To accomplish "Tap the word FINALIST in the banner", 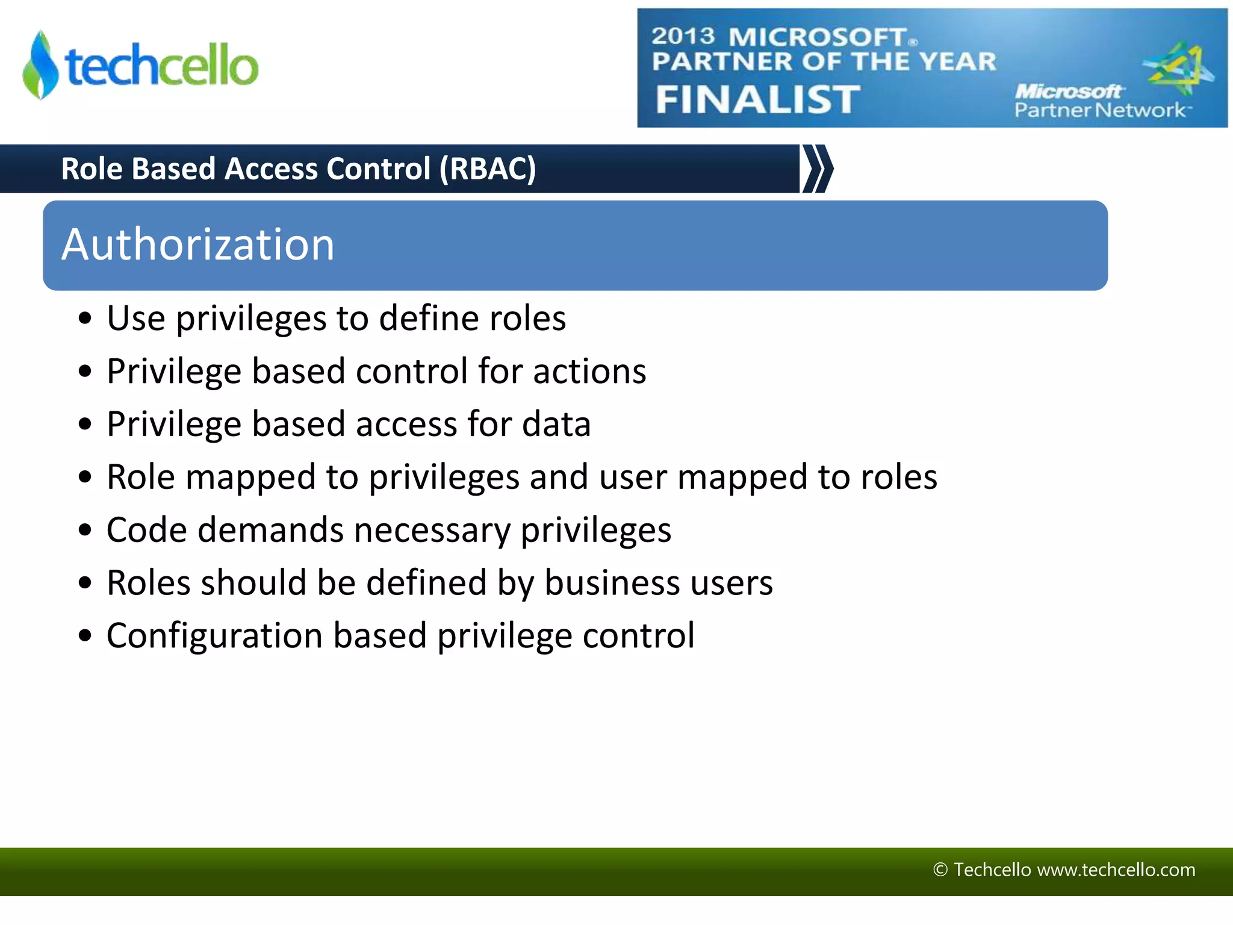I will click(x=757, y=99).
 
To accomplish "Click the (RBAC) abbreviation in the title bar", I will click(x=488, y=169).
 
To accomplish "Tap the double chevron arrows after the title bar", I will click(x=818, y=169).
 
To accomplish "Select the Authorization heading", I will click(x=198, y=244).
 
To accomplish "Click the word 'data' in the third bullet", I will click(x=556, y=424).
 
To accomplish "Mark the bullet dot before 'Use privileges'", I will click(x=85, y=319).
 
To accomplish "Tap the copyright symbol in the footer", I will click(x=940, y=870).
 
